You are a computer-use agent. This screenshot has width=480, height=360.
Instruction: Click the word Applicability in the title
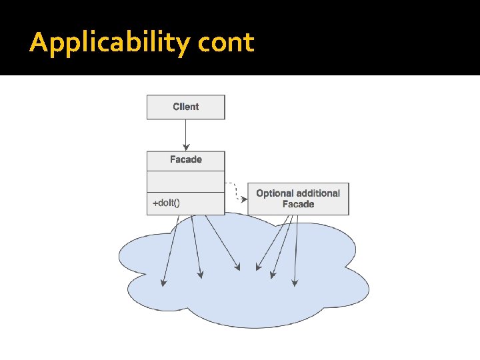[111, 43]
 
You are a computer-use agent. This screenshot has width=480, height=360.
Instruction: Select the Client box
[186, 107]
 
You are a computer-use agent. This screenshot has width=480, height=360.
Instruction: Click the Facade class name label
[186, 160]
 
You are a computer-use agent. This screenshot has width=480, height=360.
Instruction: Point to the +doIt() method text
[167, 203]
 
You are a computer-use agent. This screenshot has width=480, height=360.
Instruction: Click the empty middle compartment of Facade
[186, 181]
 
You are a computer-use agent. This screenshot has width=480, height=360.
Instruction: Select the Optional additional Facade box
[298, 199]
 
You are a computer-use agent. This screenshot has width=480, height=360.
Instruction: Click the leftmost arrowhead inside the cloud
[163, 283]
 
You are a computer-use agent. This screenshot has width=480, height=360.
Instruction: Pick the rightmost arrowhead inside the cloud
[295, 283]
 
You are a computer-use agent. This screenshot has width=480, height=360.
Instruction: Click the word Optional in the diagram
[275, 193]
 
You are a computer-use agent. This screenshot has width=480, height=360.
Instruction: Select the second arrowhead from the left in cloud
[200, 273]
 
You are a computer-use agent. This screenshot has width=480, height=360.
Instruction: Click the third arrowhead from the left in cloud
[237, 268]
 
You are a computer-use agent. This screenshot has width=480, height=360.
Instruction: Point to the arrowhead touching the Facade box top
[186, 148]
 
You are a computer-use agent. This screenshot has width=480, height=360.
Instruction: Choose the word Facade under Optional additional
[298, 204]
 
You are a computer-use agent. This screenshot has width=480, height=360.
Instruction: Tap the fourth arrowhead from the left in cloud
[258, 268]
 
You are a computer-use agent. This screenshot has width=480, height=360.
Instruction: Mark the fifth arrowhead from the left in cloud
[271, 274]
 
